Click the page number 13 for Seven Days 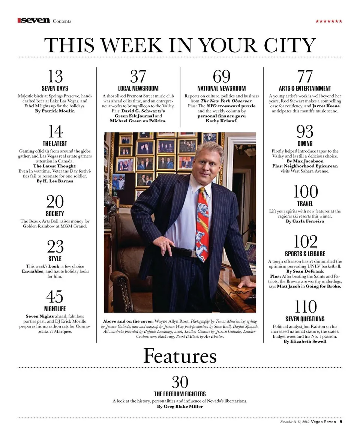[55, 77]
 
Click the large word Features [180, 356]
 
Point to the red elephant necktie [202, 221]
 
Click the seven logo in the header [34, 21]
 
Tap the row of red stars [328, 21]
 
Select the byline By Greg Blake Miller [180, 406]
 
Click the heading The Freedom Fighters [180, 394]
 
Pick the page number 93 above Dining [305, 132]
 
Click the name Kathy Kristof [222, 121]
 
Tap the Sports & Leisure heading [305, 254]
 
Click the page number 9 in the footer [340, 421]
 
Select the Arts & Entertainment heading [305, 89]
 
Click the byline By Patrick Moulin [55, 111]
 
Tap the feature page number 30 [180, 382]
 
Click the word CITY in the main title [288, 45]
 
